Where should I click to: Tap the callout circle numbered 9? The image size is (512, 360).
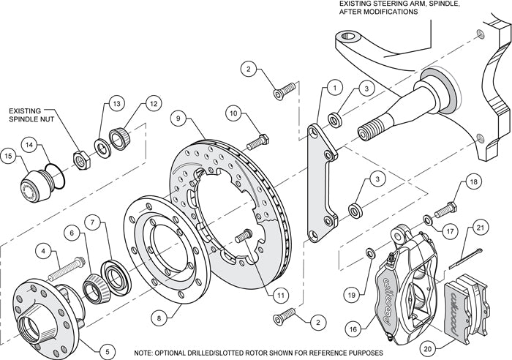click(x=178, y=116)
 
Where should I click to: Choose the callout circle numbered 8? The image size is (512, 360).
click(x=158, y=318)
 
